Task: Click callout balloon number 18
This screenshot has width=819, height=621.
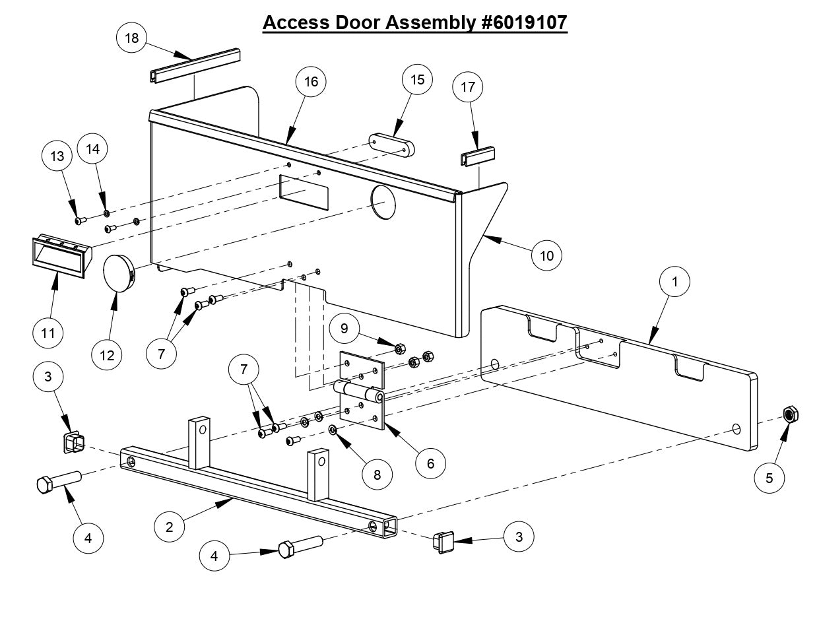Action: [x=132, y=38]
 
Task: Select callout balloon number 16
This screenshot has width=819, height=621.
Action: [x=311, y=81]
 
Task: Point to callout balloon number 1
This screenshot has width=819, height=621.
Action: [x=675, y=281]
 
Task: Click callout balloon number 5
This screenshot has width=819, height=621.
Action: [x=769, y=476]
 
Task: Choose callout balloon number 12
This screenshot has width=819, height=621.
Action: [x=106, y=356]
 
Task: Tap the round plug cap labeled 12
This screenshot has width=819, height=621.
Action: [x=119, y=277]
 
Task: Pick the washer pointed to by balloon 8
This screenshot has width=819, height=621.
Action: [x=333, y=431]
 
